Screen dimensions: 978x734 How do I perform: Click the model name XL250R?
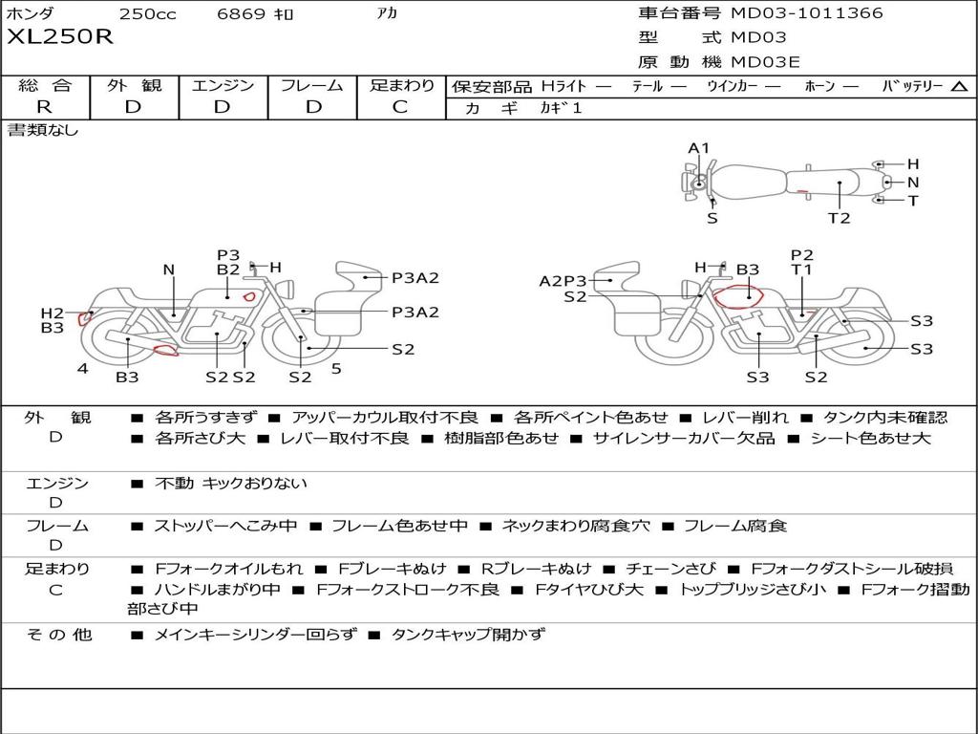60,37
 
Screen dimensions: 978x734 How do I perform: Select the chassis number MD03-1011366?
807,12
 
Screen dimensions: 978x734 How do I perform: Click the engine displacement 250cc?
148,13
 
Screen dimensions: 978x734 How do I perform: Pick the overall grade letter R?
44,107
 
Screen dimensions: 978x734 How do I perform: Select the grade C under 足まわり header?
400,107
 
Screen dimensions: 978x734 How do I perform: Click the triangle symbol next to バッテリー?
959,87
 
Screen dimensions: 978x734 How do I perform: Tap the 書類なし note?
42,130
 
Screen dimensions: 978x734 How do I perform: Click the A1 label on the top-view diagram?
698,148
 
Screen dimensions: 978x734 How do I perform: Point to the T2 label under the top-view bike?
839,218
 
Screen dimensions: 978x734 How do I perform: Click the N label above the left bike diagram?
168,270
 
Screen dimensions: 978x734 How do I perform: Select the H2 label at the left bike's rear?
53,313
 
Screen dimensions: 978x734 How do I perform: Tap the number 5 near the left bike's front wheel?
336,369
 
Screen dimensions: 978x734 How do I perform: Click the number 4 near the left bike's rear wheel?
83,369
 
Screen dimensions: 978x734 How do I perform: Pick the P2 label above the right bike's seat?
802,254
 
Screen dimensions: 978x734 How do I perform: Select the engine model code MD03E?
765,62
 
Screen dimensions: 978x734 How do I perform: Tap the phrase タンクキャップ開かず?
468,635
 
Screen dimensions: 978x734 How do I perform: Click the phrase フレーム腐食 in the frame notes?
735,527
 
